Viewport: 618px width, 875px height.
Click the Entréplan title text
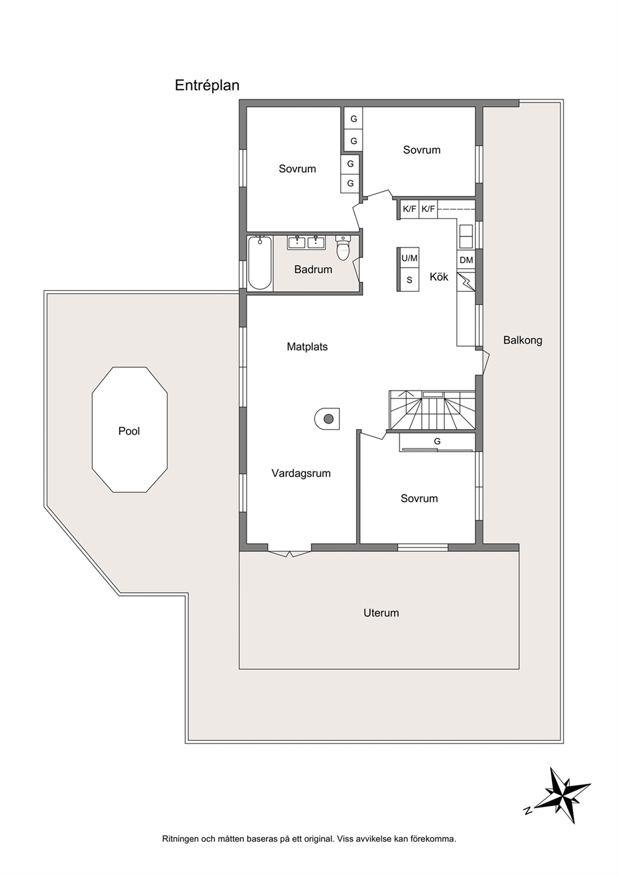[207, 85]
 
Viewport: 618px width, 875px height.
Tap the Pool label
[129, 431]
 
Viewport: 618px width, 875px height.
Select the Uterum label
[381, 613]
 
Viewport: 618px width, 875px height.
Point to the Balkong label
[523, 341]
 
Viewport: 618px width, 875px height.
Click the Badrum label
[313, 269]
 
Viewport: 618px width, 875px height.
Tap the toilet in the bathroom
[343, 248]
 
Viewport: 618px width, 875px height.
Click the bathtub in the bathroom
[260, 262]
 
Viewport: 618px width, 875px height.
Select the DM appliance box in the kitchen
[466, 260]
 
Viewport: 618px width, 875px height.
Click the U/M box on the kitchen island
[409, 258]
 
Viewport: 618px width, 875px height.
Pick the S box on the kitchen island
[409, 279]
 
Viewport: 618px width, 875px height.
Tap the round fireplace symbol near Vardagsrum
[327, 418]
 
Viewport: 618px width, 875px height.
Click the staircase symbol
[432, 410]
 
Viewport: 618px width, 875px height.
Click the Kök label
[439, 276]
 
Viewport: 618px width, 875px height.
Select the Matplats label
[307, 347]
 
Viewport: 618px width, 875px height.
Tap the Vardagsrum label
[301, 473]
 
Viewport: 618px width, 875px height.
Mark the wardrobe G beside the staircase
[437, 442]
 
